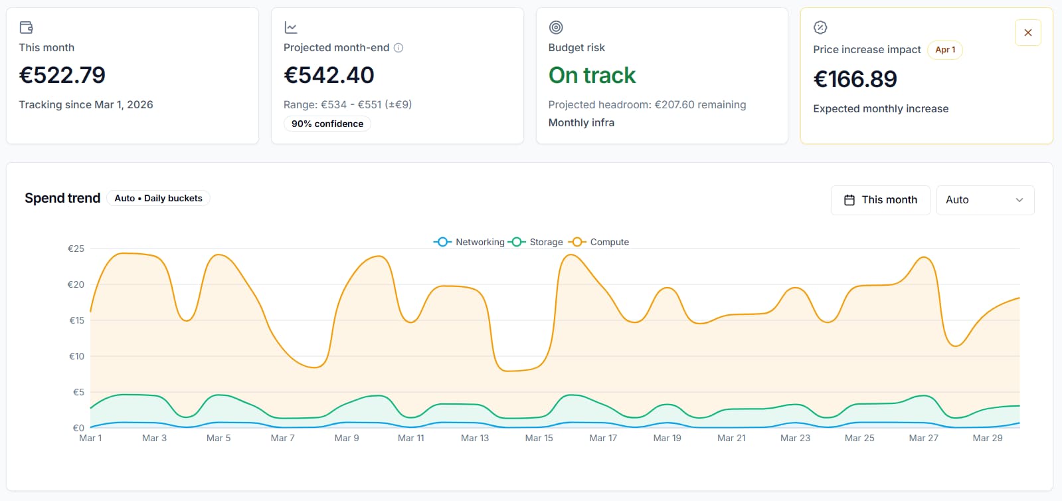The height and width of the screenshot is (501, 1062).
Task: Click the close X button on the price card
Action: tap(1027, 33)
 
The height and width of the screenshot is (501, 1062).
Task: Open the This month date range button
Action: tap(880, 200)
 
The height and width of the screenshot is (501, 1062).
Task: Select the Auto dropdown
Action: tap(985, 200)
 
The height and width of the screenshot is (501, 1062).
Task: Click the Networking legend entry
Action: tap(470, 242)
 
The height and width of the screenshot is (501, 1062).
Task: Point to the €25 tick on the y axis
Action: tap(76, 249)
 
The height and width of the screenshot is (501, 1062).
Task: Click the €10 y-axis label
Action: tap(77, 356)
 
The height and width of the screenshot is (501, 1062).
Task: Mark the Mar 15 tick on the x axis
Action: tap(539, 438)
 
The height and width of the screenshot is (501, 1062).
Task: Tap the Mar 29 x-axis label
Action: tap(987, 438)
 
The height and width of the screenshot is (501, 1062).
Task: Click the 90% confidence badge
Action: tap(327, 124)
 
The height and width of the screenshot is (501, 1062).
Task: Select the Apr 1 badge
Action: tap(944, 50)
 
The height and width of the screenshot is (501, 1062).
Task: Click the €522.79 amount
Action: tap(62, 75)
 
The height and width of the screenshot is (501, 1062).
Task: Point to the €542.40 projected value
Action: tap(329, 75)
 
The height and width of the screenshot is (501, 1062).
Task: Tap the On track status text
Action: tap(592, 75)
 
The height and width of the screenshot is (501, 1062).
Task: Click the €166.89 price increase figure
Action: tap(855, 79)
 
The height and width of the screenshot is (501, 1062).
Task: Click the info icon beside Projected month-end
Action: tap(398, 48)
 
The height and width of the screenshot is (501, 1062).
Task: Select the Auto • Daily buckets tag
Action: tap(158, 198)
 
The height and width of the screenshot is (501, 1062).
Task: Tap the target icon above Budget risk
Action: tap(556, 27)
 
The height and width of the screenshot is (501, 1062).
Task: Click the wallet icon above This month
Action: tap(26, 27)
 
